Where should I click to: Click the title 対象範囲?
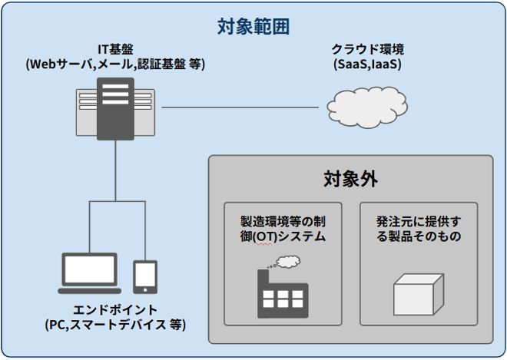pos(253,27)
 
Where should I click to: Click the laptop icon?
pos(90,273)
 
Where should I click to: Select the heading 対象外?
pos(350,180)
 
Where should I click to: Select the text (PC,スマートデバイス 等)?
pos(115,325)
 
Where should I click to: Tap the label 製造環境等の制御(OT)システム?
pos(283,229)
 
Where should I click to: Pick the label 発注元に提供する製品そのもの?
pos(419,229)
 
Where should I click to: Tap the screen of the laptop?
pos(90,269)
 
